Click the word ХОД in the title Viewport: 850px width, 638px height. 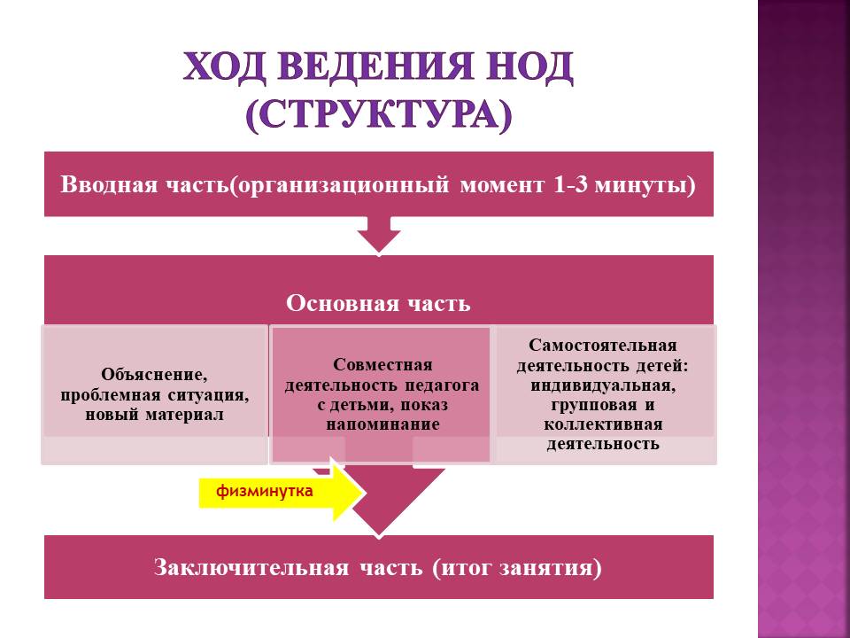224,66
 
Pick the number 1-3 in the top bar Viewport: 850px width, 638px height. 571,184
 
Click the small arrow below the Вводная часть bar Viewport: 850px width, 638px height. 379,234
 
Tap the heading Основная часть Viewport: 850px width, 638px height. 378,303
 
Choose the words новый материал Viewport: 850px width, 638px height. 154,415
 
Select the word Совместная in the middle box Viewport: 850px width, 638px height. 382,364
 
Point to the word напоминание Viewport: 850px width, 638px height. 382,424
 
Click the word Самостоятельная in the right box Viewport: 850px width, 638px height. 603,346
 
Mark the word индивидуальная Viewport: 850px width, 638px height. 603,385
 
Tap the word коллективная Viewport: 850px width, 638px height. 603,424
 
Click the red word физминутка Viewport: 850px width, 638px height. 265,491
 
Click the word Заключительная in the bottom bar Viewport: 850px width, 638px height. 251,567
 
